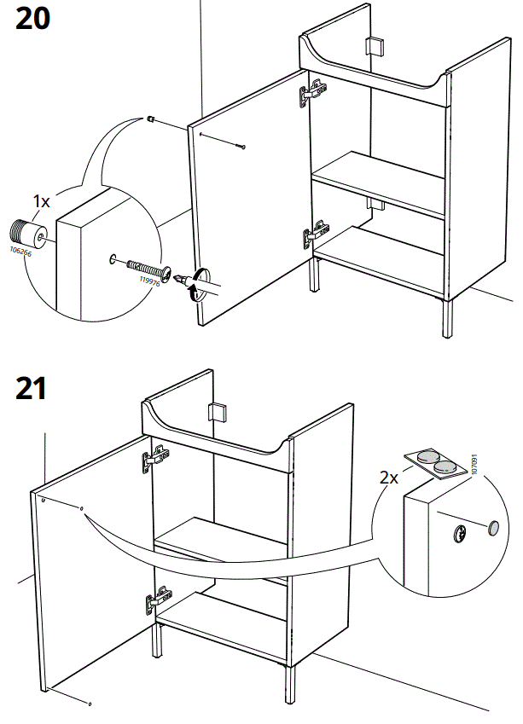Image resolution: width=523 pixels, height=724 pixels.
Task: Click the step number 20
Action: point(32,20)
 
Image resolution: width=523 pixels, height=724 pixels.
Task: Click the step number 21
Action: point(32,389)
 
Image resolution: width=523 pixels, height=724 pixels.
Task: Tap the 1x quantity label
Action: point(41,201)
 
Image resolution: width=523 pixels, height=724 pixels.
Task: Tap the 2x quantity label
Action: point(389,478)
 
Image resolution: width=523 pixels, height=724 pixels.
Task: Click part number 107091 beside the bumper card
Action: point(474,464)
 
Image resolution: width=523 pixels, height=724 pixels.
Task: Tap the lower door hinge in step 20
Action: point(315,233)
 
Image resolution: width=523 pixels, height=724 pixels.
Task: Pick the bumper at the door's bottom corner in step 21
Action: point(90,704)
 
